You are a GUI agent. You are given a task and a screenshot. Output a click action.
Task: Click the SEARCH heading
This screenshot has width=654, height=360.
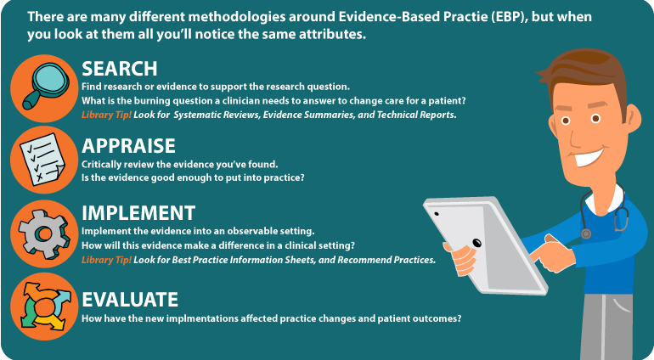pyautogui.click(x=119, y=69)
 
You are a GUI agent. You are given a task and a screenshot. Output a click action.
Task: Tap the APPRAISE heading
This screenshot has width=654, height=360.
pyautogui.click(x=128, y=146)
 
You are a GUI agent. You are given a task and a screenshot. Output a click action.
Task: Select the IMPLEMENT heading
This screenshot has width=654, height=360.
pyautogui.click(x=138, y=213)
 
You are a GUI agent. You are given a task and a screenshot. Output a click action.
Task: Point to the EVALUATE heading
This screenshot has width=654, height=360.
pyautogui.click(x=130, y=300)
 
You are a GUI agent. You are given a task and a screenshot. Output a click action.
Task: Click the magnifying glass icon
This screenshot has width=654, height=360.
pyautogui.click(x=45, y=86)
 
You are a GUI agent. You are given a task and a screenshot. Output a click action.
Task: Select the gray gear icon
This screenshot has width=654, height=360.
pyautogui.click(x=44, y=234)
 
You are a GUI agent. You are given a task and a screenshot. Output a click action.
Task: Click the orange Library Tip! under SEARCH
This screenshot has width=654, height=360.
pyautogui.click(x=106, y=115)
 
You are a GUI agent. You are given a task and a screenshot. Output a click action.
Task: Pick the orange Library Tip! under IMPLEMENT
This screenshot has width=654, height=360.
pyautogui.click(x=106, y=260)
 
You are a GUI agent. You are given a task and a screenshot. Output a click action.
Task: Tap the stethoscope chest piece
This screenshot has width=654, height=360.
pyautogui.click(x=586, y=233)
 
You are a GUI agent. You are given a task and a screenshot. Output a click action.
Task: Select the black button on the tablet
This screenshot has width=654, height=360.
pyautogui.click(x=476, y=242)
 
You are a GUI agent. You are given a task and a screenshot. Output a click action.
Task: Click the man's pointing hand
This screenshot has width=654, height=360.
pyautogui.click(x=550, y=252)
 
